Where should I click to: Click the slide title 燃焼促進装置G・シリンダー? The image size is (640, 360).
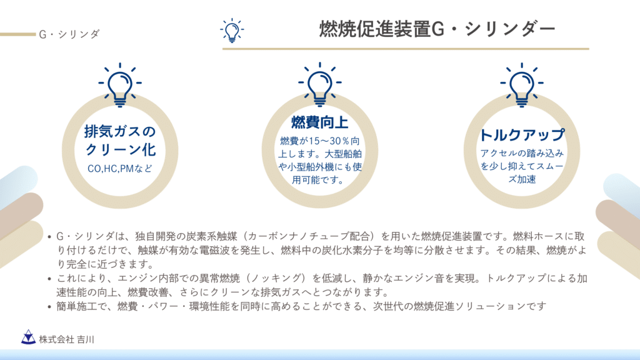tap(437, 29)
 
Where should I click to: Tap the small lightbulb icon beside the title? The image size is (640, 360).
tap(232, 31)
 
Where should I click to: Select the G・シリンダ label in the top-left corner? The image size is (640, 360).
tap(69, 34)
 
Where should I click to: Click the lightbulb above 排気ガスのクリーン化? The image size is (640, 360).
tap(120, 85)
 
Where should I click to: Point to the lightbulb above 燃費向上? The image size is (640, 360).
tap(319, 84)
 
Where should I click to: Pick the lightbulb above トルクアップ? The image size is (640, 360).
tap(522, 85)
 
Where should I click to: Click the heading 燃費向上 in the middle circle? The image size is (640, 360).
tap(319, 122)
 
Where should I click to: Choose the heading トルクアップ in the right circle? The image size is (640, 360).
tap(522, 134)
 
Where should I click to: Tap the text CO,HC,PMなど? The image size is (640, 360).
tap(120, 169)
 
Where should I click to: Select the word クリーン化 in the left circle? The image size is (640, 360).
tap(121, 150)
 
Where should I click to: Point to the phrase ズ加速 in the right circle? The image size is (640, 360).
tap(522, 179)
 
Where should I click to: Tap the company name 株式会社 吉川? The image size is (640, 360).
tap(66, 339)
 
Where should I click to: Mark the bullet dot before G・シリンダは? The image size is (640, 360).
tap(49, 237)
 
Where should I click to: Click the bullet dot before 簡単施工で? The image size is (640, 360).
tap(49, 307)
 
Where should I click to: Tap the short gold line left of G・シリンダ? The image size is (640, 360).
tap(18, 34)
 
